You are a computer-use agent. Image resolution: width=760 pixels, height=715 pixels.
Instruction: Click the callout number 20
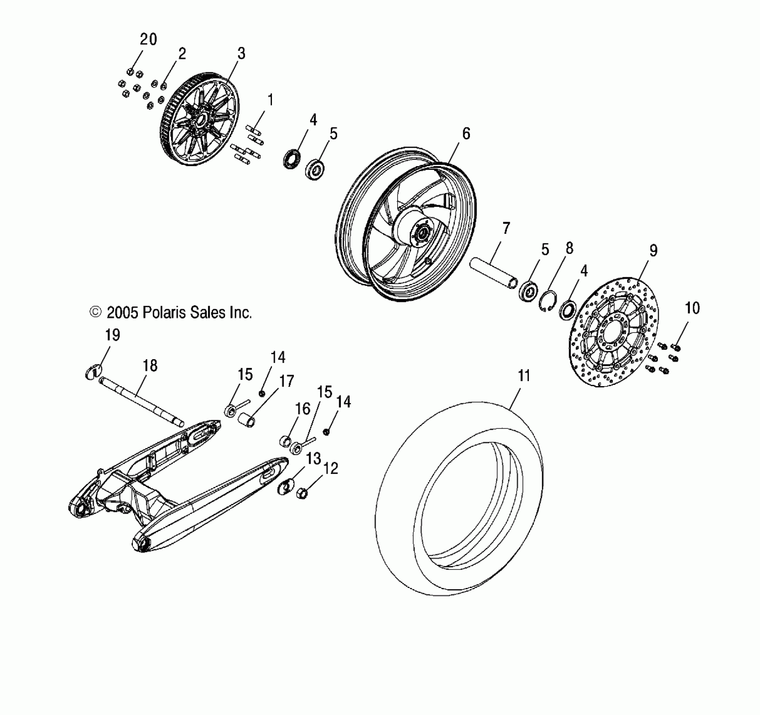pyautogui.click(x=148, y=40)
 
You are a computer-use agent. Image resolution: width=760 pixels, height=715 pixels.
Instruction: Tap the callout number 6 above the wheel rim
pyautogui.click(x=466, y=134)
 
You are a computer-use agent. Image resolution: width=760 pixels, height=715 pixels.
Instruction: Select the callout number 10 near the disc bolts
pyautogui.click(x=692, y=308)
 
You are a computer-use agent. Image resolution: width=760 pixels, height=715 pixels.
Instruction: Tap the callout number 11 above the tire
pyautogui.click(x=524, y=376)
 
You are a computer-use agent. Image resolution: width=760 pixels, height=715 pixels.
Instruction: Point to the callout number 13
pyautogui.click(x=314, y=458)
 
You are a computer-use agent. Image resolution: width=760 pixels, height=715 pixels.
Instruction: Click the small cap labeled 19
pyautogui.click(x=92, y=372)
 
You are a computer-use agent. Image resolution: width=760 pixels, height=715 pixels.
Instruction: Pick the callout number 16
pyautogui.click(x=303, y=409)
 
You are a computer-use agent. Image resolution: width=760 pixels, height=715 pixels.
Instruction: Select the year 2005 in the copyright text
pyautogui.click(x=122, y=312)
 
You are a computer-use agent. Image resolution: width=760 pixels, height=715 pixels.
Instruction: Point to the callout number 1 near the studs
pyautogui.click(x=270, y=100)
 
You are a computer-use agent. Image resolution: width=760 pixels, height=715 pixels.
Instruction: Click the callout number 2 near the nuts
pyautogui.click(x=182, y=54)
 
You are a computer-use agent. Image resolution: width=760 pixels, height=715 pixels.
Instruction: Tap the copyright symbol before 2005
pyautogui.click(x=95, y=312)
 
